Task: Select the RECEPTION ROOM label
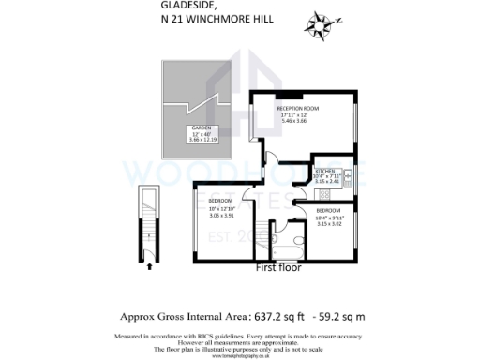click(x=297, y=109)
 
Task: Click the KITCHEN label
click(x=324, y=171)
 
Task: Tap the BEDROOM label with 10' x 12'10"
click(x=221, y=202)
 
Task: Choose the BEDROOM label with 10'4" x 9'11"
click(x=329, y=212)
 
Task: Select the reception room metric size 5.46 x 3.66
click(x=297, y=122)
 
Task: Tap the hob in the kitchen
click(x=348, y=174)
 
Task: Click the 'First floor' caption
click(x=278, y=268)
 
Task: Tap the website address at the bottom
click(x=239, y=356)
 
